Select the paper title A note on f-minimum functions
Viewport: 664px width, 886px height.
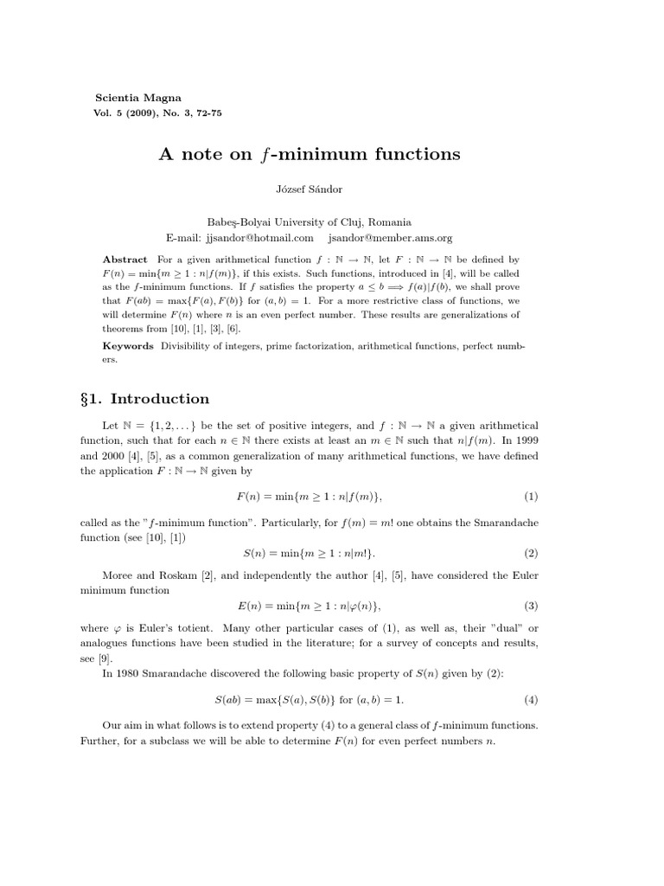pyautogui.click(x=309, y=154)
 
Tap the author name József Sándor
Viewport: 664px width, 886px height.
pyautogui.click(x=309, y=189)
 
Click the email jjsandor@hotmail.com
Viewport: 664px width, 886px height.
pyautogui.click(x=258, y=237)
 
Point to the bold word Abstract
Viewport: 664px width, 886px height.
pyautogui.click(x=125, y=260)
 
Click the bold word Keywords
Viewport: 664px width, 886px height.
pyautogui.click(x=128, y=345)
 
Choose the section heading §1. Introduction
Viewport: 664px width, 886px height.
pyautogui.click(x=144, y=399)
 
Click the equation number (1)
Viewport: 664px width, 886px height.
pyautogui.click(x=530, y=497)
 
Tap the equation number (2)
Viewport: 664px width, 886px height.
pyautogui.click(x=530, y=553)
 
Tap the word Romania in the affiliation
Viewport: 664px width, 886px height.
pyautogui.click(x=389, y=222)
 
